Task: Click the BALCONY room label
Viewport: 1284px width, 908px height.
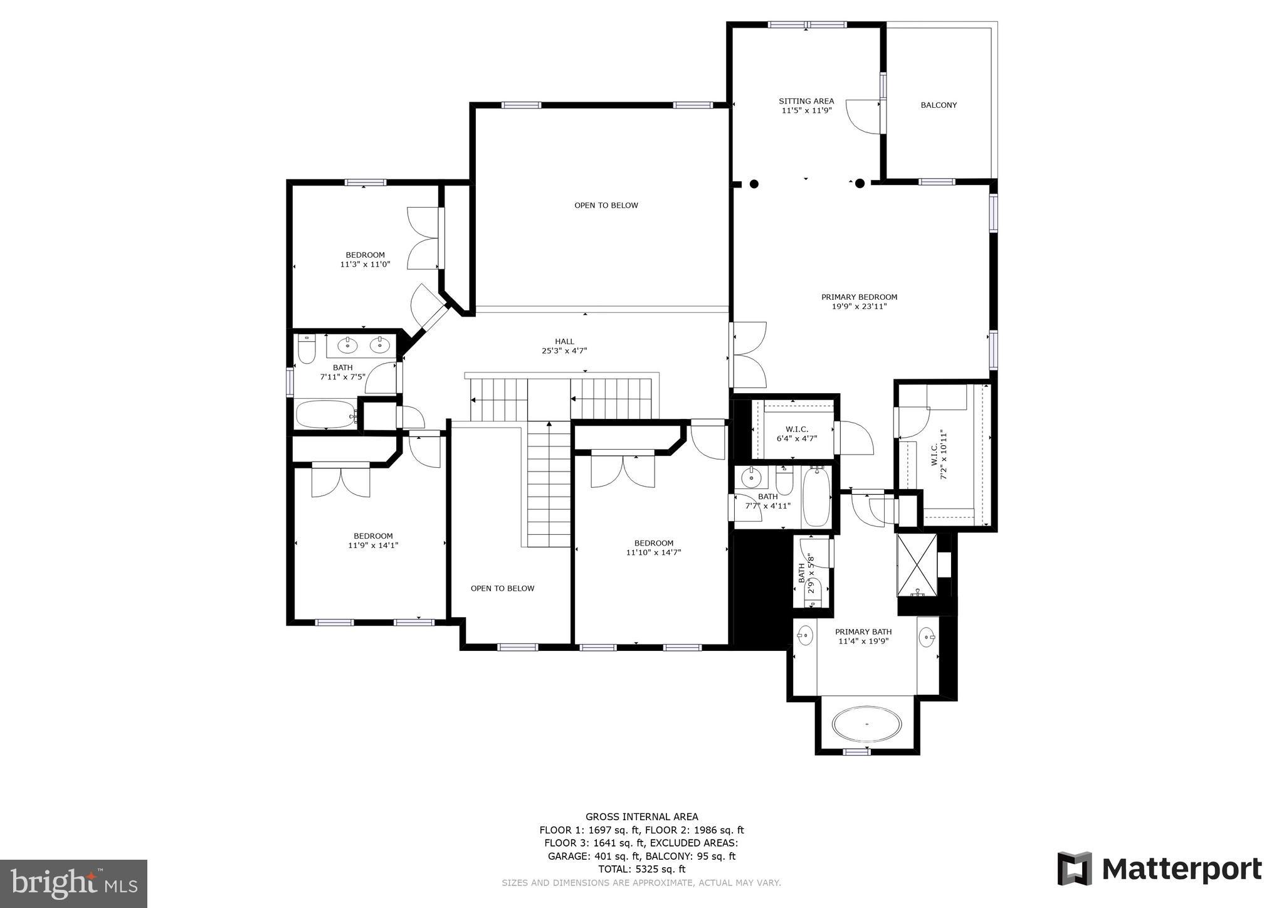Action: click(x=939, y=105)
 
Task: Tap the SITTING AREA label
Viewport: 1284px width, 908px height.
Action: click(x=806, y=101)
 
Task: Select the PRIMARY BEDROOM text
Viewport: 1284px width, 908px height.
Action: click(x=859, y=297)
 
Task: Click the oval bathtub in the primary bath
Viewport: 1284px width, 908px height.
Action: click(x=867, y=725)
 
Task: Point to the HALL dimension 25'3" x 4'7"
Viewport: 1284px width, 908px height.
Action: click(x=564, y=351)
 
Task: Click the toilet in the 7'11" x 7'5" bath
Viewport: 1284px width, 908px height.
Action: click(x=306, y=350)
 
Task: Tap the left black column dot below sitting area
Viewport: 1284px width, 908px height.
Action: click(x=754, y=184)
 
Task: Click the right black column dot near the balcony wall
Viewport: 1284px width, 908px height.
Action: click(x=860, y=183)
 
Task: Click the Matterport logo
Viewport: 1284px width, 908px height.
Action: click(x=1159, y=869)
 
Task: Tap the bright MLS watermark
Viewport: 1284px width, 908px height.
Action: click(x=73, y=884)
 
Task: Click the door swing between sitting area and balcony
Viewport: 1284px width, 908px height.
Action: click(x=863, y=117)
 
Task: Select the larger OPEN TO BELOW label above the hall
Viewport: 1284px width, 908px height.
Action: click(x=606, y=206)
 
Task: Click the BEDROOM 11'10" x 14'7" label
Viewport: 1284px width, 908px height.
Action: click(x=653, y=547)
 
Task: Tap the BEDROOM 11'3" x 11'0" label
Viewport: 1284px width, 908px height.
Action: click(x=365, y=260)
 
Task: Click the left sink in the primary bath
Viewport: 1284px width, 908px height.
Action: click(x=805, y=636)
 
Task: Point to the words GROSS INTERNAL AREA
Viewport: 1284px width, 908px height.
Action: click(x=641, y=816)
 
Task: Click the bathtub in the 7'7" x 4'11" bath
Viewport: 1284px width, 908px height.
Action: click(x=816, y=497)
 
